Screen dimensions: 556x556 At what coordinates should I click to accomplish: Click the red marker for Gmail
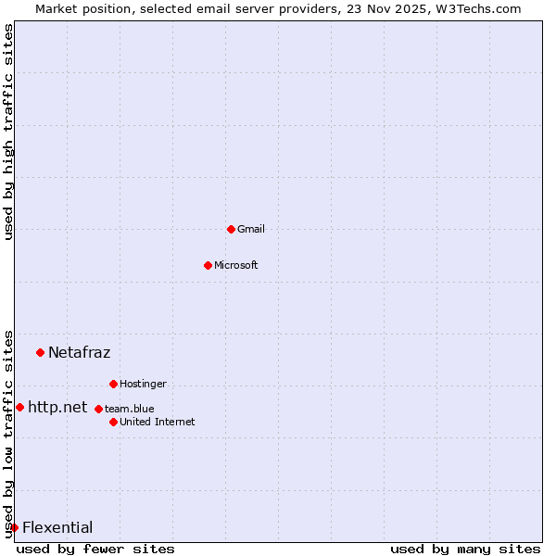point(231,229)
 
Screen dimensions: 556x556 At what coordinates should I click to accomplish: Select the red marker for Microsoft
point(208,265)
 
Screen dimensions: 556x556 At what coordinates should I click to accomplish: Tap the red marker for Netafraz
point(40,352)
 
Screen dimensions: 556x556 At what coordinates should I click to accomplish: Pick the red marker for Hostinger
point(113,384)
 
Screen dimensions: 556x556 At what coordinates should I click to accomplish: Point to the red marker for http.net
point(19,407)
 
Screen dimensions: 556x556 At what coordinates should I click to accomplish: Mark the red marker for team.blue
point(98,409)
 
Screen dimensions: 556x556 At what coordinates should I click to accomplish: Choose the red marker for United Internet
point(113,422)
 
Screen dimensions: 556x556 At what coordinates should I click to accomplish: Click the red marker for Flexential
point(14,527)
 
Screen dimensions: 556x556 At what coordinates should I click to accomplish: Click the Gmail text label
point(250,229)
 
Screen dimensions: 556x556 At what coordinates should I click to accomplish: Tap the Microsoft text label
point(235,265)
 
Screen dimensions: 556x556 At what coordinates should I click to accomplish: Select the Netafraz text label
point(79,352)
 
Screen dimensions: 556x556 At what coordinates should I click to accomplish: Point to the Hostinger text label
point(143,384)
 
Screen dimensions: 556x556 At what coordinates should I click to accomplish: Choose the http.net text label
point(57,407)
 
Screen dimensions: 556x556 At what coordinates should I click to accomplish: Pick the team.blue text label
point(129,409)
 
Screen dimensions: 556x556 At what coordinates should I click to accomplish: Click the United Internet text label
point(157,422)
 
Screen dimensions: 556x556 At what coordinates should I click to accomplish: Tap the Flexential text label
point(57,527)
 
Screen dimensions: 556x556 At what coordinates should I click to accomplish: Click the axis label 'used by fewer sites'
point(95,549)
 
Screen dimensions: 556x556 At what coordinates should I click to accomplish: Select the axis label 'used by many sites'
point(465,549)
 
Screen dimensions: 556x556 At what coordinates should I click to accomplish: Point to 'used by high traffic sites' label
point(8,132)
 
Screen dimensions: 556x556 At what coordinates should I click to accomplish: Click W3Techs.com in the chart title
point(476,8)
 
